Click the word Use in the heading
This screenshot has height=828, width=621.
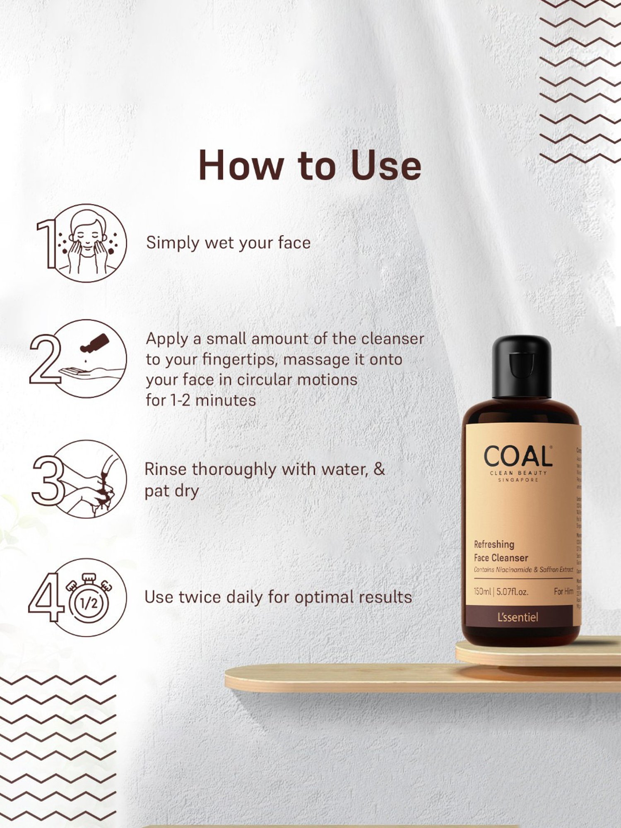(x=385, y=165)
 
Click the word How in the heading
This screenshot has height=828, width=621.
(x=241, y=165)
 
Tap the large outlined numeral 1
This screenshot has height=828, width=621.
(x=47, y=244)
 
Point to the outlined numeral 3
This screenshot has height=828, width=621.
(x=48, y=480)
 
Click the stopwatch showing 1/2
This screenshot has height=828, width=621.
(x=89, y=600)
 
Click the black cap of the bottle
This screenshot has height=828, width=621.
(x=521, y=367)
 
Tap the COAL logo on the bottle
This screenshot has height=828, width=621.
(x=517, y=457)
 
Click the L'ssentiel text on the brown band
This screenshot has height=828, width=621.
(x=517, y=617)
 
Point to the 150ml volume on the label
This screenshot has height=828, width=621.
(x=482, y=592)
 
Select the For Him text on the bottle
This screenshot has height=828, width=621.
(x=563, y=592)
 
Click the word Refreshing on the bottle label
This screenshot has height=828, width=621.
(x=494, y=544)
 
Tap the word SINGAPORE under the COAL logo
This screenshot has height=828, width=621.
(x=518, y=480)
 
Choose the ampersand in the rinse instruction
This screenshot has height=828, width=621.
(x=379, y=469)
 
